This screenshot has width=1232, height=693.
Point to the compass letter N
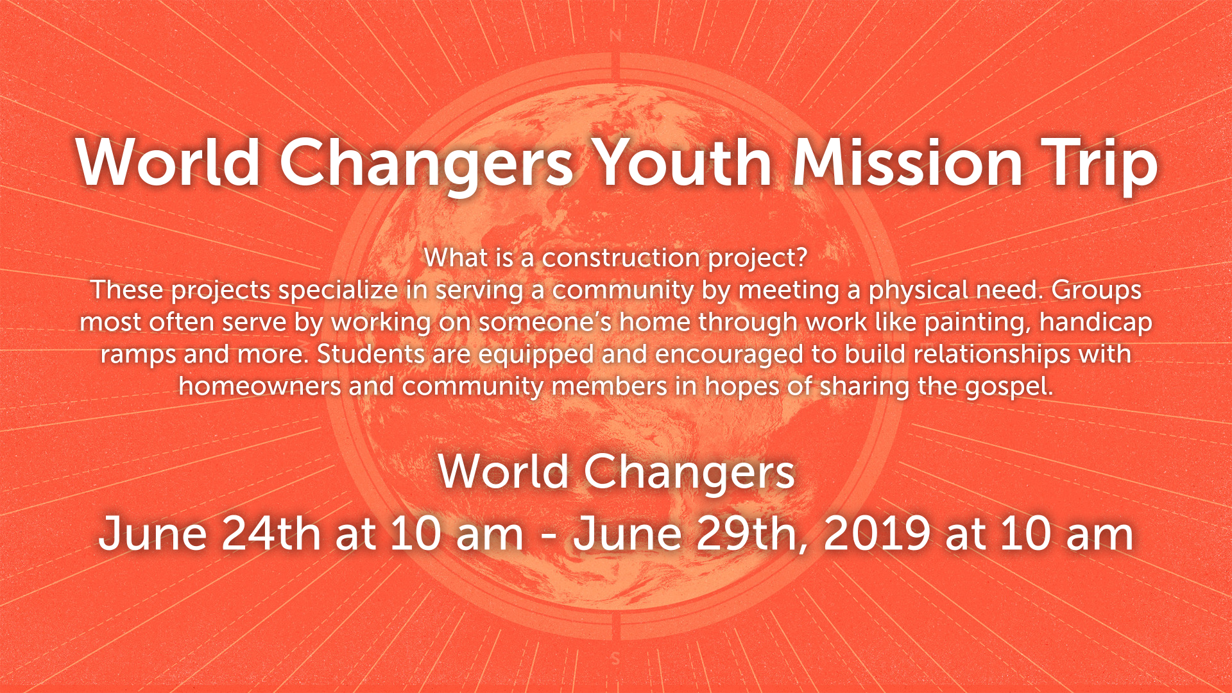click(x=615, y=36)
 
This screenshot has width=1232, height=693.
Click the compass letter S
click(x=615, y=658)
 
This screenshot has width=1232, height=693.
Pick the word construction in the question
click(x=621, y=258)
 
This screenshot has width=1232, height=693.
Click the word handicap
click(x=1096, y=323)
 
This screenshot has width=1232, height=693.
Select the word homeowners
click(x=260, y=386)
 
